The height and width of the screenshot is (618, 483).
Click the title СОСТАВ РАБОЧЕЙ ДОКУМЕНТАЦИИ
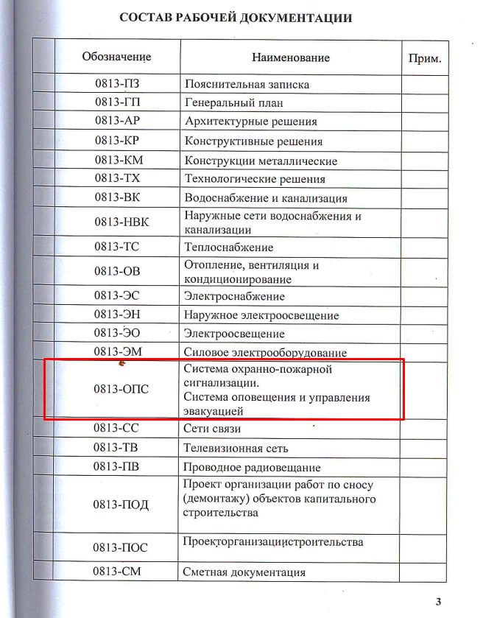236,18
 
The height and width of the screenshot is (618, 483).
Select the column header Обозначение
116,57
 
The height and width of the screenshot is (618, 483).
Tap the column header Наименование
291,57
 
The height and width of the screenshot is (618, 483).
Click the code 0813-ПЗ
117,84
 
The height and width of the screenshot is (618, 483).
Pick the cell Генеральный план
234,103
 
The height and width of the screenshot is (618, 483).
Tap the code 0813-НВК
117,222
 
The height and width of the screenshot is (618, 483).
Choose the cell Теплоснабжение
229,247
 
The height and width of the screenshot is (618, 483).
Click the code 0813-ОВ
117,272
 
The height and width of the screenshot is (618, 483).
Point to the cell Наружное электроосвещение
261,315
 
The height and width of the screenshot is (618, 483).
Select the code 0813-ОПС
117,389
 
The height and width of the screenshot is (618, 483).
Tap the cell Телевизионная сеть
236,448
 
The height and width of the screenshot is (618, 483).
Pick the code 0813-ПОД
117,505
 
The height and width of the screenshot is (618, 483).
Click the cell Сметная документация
244,572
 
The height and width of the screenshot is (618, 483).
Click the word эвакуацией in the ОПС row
214,411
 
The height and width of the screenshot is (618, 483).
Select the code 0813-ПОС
117,547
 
